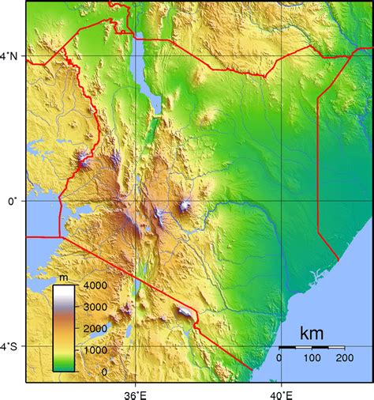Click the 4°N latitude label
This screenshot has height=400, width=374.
(12, 56)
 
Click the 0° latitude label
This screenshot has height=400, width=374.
(13, 201)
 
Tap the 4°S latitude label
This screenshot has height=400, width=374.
(12, 346)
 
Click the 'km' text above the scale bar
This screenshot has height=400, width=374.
(312, 334)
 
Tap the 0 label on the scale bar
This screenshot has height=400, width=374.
(279, 358)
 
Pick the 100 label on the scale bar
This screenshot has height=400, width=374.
(312, 358)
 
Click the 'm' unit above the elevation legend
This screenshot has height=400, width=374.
(64, 277)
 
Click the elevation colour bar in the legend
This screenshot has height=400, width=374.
(64, 327)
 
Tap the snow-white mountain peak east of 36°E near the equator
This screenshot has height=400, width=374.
(186, 206)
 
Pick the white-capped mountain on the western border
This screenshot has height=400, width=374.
(84, 161)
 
